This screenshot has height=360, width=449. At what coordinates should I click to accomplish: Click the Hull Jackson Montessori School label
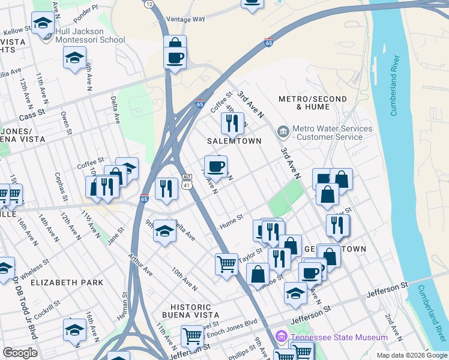pyautogui.click(x=90, y=36)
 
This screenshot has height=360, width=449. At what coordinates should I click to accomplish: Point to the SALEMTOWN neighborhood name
pyautogui.click(x=234, y=141)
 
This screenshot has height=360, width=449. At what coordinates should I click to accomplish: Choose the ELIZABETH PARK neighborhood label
pyautogui.click(x=67, y=282)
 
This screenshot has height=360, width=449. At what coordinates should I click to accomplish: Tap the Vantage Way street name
pyautogui.click(x=185, y=19)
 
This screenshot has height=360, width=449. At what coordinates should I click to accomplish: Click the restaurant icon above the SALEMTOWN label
pyautogui.click(x=231, y=123)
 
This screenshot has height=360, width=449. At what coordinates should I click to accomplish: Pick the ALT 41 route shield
pyautogui.click(x=187, y=182)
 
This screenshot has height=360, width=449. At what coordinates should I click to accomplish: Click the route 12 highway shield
pyautogui.click(x=149, y=4)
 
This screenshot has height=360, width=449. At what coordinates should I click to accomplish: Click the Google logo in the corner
pyautogui.click(x=20, y=353)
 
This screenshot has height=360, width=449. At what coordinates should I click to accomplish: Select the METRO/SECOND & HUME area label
pyautogui.click(x=313, y=103)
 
